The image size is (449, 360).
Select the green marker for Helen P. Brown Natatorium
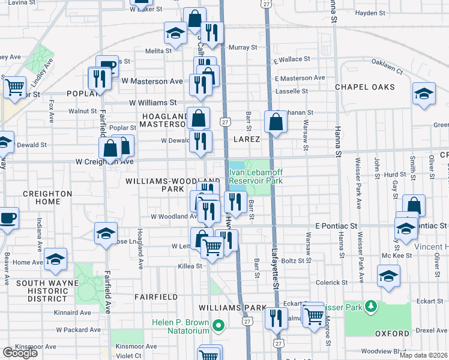pos(218,327)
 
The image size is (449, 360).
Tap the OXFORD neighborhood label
pos(392,333)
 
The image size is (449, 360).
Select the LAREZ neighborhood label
pos(247,139)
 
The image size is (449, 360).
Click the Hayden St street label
pos(370,13)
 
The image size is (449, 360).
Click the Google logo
pos(20,353)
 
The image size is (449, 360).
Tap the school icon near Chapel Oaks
pos(424,94)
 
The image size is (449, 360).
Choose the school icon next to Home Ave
pos(55,259)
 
